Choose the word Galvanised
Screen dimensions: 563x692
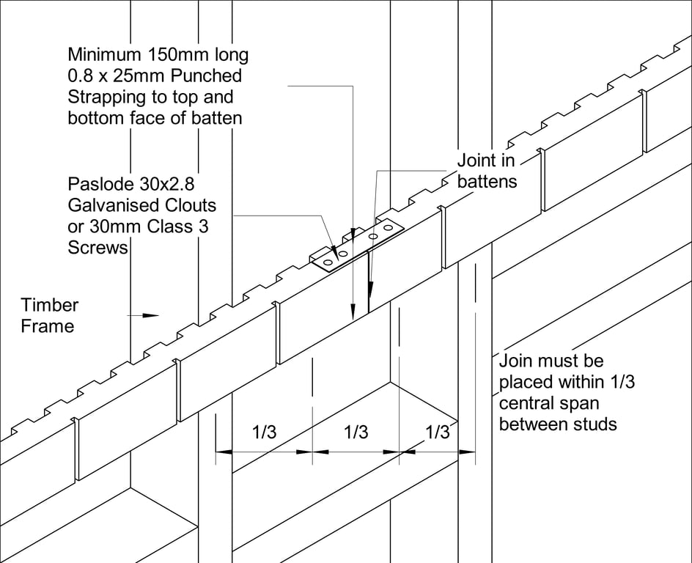point(111,205)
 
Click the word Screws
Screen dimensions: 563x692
point(98,248)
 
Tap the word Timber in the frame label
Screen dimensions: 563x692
point(49,305)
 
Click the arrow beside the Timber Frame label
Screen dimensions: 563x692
point(145,315)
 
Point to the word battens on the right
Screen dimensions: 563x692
point(487,181)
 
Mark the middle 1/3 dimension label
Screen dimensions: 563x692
point(356,433)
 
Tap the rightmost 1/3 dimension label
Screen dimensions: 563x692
point(437,433)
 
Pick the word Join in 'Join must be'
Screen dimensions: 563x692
point(515,361)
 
